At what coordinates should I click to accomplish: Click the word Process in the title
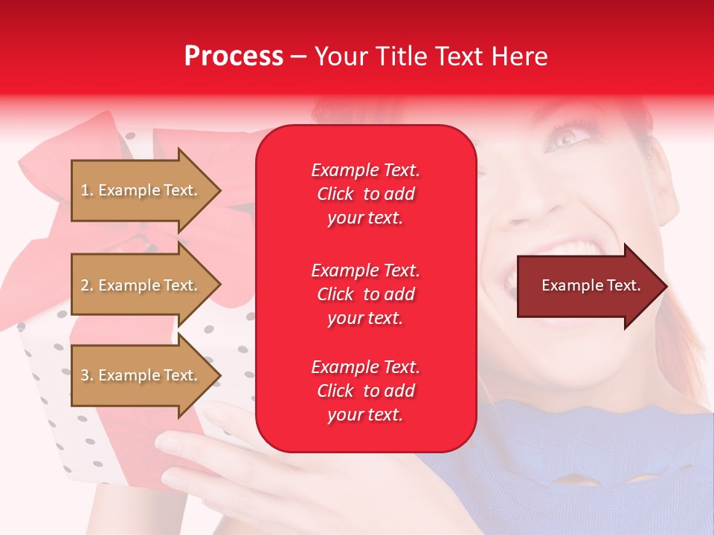click(234, 56)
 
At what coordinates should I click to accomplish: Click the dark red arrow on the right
click(588, 286)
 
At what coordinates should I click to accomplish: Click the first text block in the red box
click(365, 194)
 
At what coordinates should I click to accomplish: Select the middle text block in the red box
click(365, 294)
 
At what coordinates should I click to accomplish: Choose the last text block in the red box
click(365, 391)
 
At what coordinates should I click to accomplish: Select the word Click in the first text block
click(335, 194)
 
